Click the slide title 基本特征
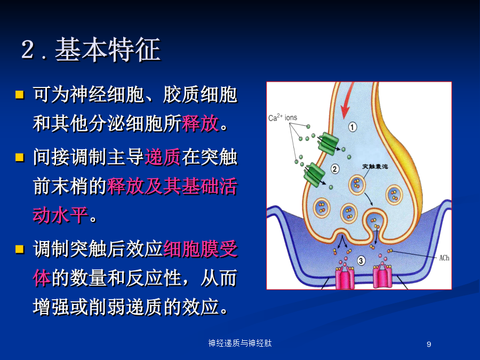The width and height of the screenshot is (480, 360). [x=108, y=50]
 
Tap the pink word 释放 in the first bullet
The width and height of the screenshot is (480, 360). [x=200, y=123]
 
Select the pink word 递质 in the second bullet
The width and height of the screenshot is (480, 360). [x=163, y=157]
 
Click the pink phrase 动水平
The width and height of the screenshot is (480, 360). [x=61, y=215]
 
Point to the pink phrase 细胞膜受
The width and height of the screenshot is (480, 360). [x=201, y=249]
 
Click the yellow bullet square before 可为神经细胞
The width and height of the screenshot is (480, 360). [x=20, y=94]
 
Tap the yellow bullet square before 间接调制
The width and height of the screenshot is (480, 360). [x=20, y=157]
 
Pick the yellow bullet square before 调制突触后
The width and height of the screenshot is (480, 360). [x=20, y=249]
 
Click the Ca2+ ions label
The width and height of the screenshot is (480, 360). [x=283, y=117]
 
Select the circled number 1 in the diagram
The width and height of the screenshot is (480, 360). [x=353, y=127]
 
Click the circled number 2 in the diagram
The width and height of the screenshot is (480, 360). [x=335, y=169]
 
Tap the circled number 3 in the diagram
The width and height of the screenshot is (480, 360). [x=361, y=260]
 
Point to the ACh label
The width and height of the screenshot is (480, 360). [x=444, y=258]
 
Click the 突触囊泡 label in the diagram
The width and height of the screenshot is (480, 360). [x=375, y=166]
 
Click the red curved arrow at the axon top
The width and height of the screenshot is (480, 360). [x=347, y=101]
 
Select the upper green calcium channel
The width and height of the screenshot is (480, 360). [x=328, y=143]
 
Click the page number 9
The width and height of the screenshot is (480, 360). [x=429, y=344]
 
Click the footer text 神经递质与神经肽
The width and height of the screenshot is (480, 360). [x=240, y=343]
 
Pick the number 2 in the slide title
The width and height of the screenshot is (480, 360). [x=28, y=49]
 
